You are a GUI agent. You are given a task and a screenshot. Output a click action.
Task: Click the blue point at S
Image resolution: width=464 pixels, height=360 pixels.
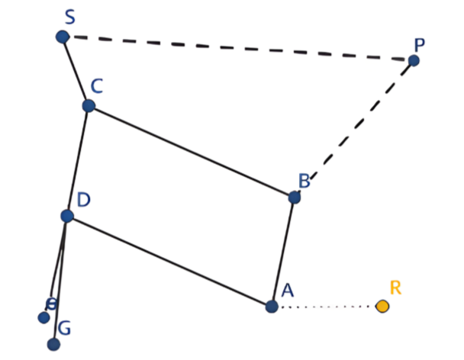(x=63, y=37)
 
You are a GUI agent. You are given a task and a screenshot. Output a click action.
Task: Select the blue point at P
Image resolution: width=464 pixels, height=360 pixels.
(x=414, y=60)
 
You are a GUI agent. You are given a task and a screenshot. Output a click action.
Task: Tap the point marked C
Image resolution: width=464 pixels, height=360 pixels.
(x=89, y=106)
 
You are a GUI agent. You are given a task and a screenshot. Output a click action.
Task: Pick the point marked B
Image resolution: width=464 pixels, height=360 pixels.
(x=295, y=197)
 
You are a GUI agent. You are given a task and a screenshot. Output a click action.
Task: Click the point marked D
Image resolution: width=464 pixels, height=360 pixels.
(x=67, y=216)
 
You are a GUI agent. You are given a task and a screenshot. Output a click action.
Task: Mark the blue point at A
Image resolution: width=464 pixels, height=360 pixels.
(x=272, y=307)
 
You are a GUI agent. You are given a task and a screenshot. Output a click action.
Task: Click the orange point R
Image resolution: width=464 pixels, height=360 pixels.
(x=382, y=307)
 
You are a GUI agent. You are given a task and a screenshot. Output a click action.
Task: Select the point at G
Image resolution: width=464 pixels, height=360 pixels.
(x=53, y=344)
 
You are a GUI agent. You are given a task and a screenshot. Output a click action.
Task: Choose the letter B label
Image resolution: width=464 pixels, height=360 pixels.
(x=304, y=181)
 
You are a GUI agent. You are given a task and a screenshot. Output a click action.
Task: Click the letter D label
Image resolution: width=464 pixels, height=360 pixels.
(x=83, y=200)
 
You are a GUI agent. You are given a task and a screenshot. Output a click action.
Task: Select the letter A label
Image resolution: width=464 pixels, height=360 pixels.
(x=288, y=290)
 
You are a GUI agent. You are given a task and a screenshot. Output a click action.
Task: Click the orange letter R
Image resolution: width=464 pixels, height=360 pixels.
(x=395, y=288)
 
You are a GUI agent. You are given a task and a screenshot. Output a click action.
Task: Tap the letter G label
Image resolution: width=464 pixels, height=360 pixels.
(x=65, y=329)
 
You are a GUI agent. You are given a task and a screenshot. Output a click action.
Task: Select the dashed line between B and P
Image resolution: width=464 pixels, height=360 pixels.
(x=354, y=128)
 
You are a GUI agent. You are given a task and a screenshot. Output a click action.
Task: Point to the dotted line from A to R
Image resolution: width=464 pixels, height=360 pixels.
(x=327, y=307)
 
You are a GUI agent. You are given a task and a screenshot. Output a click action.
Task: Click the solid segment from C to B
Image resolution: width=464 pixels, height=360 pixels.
(x=192, y=151)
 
